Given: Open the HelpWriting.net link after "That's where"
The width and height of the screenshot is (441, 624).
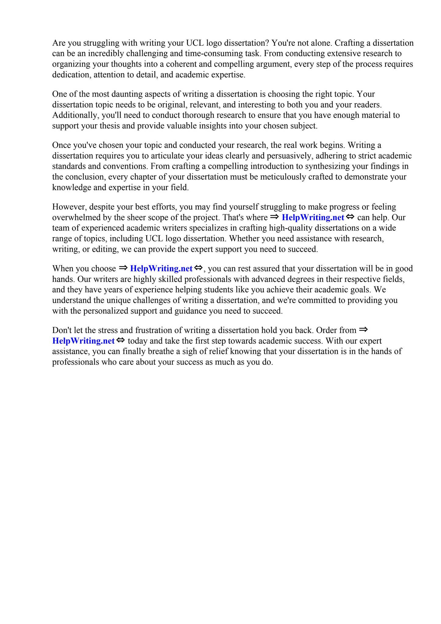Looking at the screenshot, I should [x=313, y=218].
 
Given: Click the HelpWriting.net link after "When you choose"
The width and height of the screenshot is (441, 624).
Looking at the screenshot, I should [x=161, y=269].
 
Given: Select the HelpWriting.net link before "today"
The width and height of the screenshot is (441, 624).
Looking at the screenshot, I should [x=83, y=341].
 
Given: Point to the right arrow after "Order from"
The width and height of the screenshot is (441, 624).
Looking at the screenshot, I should [x=364, y=330].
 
